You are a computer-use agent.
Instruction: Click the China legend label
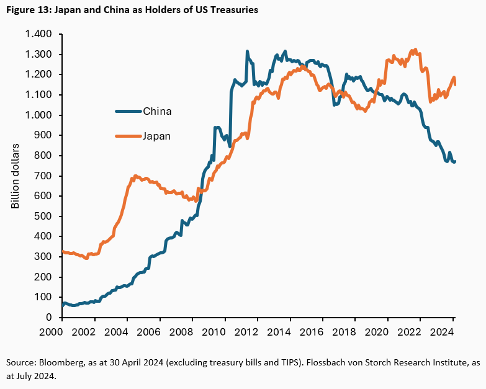tap(157, 112)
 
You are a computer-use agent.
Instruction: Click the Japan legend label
tap(157, 135)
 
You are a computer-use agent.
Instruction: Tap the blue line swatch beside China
tap(128, 112)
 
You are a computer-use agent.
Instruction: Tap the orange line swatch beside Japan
tap(128, 135)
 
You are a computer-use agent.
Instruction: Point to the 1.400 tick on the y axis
tap(40, 34)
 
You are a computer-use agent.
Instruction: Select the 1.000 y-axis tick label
tap(40, 115)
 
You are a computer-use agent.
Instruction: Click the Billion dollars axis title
tap(16, 176)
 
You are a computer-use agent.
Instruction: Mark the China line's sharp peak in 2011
tap(247, 51)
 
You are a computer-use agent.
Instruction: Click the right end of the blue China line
tap(454, 161)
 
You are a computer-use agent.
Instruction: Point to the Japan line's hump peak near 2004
tap(135, 176)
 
